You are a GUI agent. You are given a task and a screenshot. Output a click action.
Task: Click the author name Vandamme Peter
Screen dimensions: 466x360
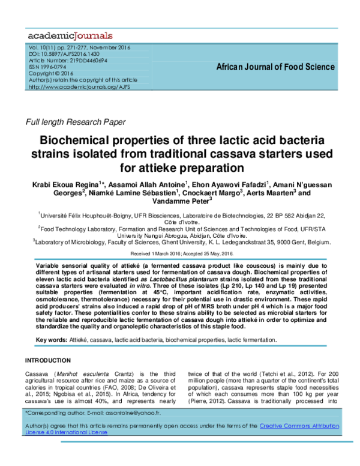pyautogui.click(x=181, y=202)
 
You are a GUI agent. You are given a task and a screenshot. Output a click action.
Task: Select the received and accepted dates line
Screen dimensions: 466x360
pyautogui.click(x=180, y=254)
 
